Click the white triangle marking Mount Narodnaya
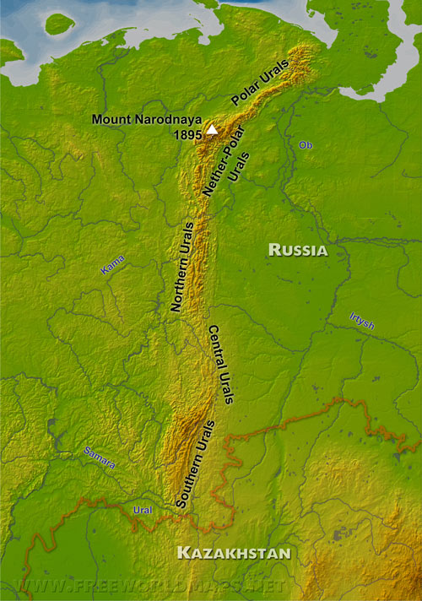(213, 131)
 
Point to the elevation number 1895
(187, 133)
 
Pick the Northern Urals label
(183, 267)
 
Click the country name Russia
(297, 249)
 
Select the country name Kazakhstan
(233, 554)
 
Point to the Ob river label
(305, 145)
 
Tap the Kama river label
(112, 268)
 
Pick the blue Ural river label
(143, 510)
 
